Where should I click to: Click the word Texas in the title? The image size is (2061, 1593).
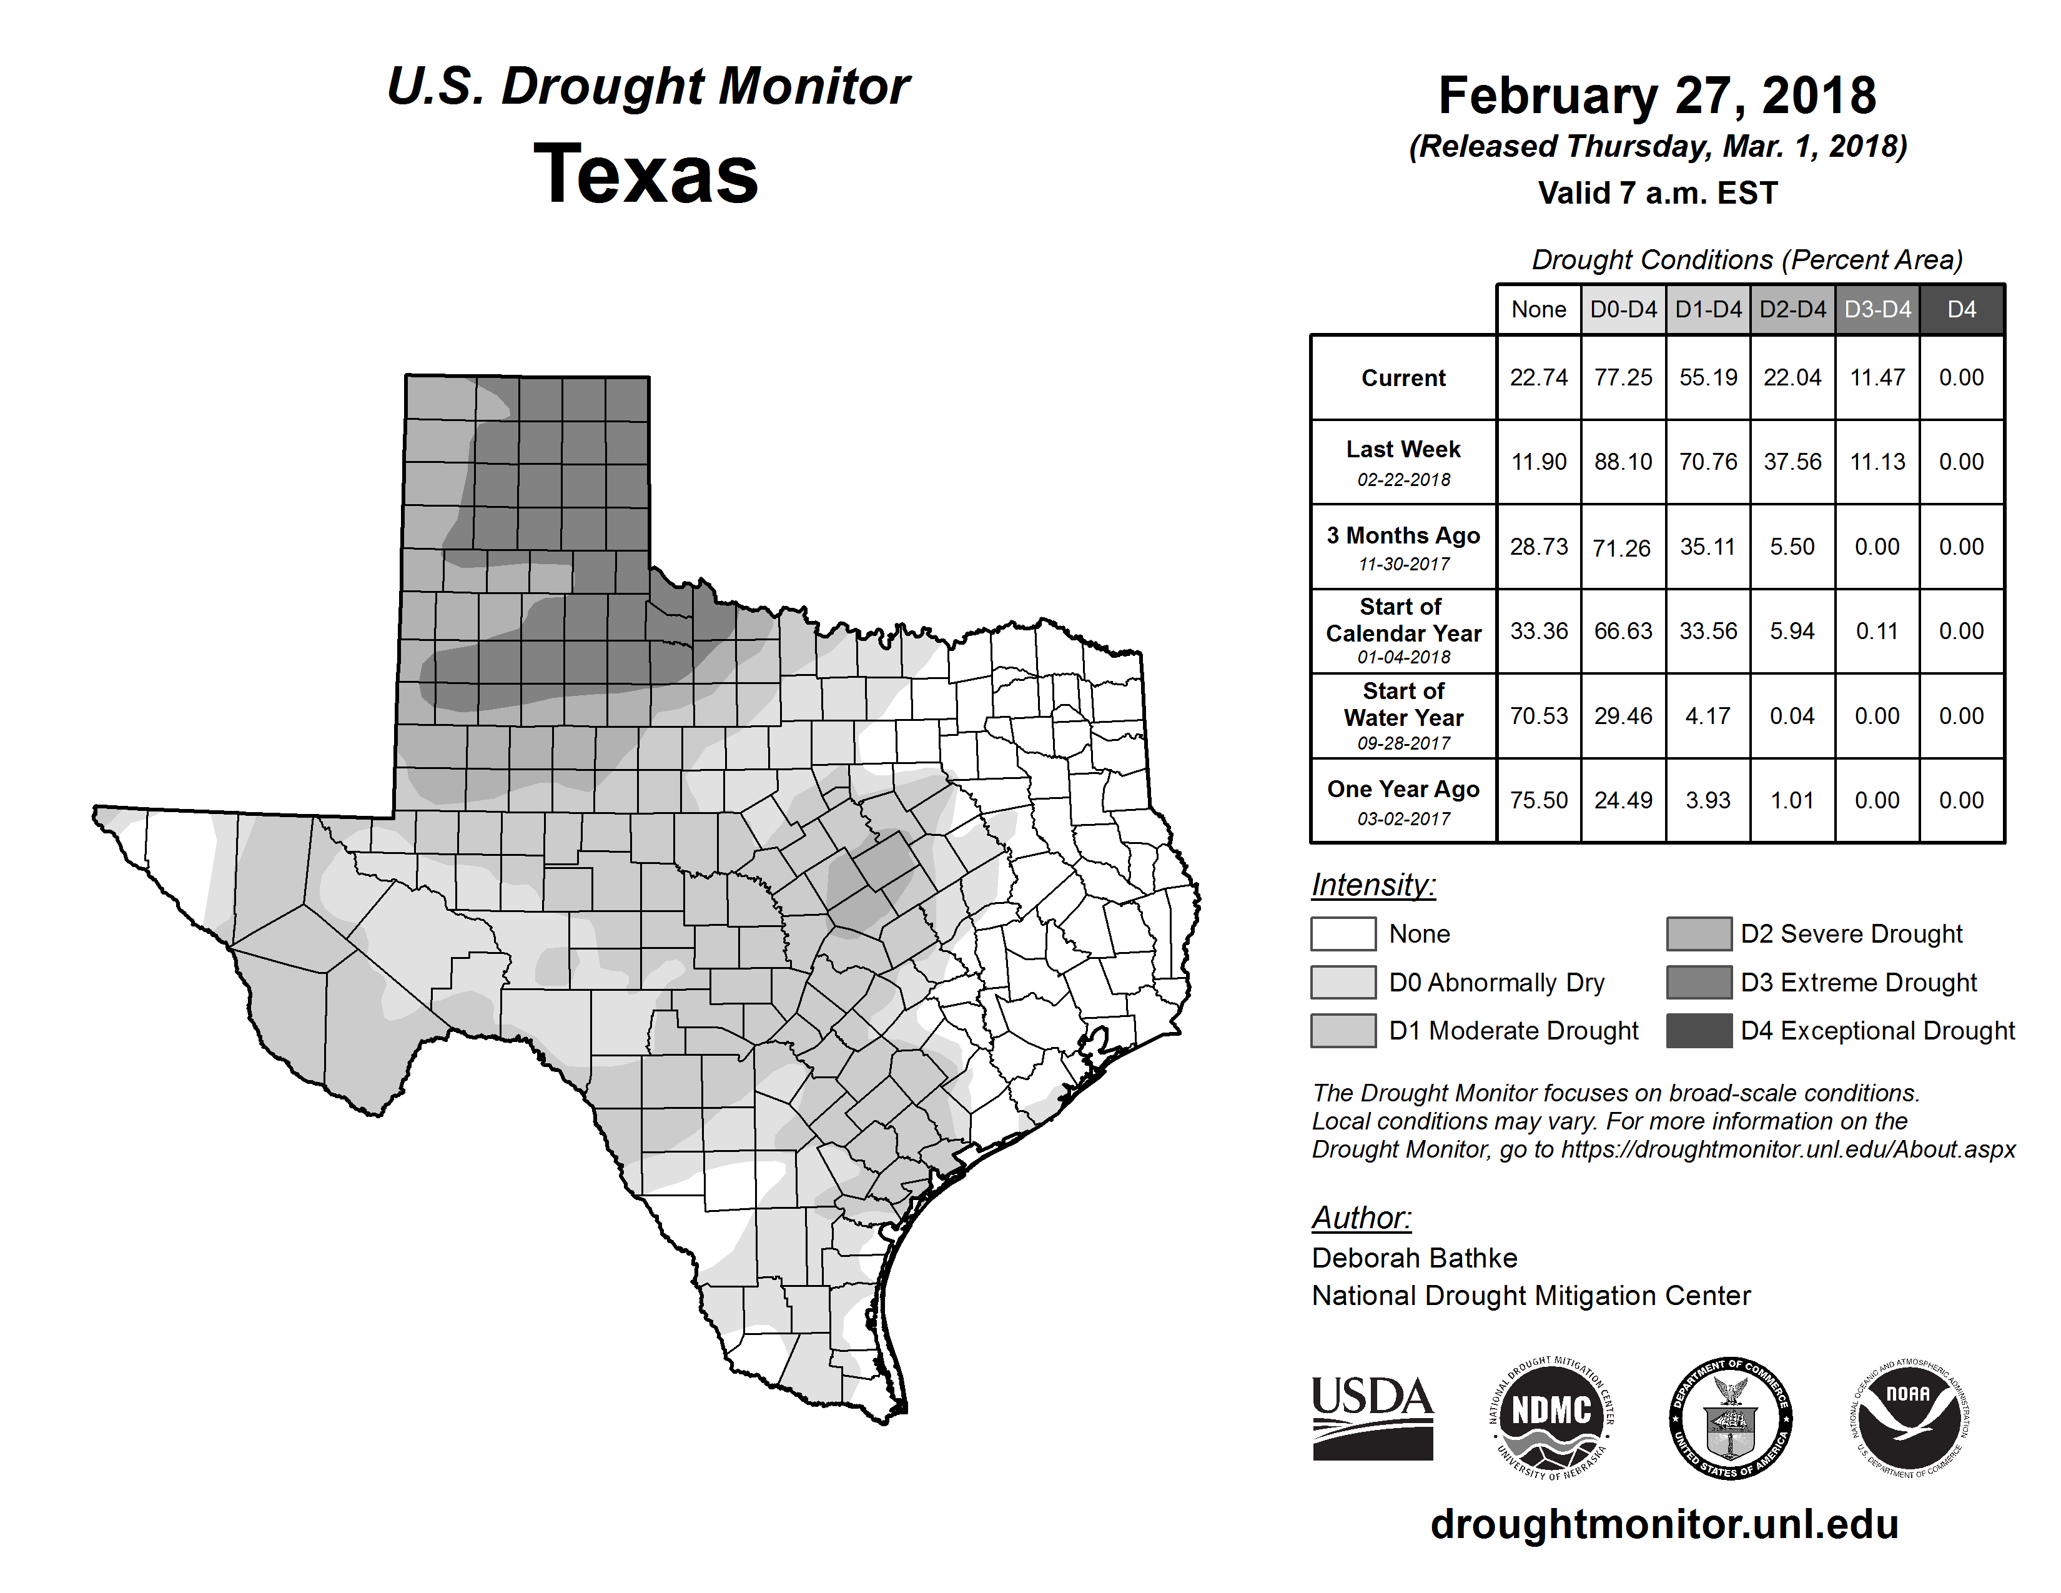click(646, 174)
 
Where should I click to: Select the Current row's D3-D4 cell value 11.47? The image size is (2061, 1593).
click(1877, 377)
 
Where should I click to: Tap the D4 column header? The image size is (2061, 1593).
click(1961, 309)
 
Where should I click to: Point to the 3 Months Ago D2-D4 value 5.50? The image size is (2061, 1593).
click(1792, 547)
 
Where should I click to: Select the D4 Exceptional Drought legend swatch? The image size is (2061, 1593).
click(1699, 1031)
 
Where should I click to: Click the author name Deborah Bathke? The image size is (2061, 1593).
click(1413, 1258)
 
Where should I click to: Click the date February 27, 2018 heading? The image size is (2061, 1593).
click(1657, 96)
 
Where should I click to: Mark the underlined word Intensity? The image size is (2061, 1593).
click(1373, 885)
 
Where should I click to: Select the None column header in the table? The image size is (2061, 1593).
click(1538, 309)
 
